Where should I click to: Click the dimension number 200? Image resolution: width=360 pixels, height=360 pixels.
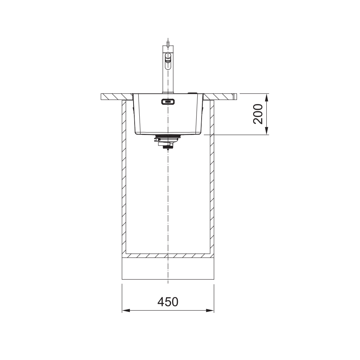(258, 114)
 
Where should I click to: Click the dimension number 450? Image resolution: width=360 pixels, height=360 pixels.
(168, 302)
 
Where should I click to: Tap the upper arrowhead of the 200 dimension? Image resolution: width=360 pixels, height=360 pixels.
(266, 97)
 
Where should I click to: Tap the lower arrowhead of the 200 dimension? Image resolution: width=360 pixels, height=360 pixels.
(266, 131)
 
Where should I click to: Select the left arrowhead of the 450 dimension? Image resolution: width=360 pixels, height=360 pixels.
(126, 311)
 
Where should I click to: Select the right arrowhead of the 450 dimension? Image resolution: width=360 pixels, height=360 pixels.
(210, 311)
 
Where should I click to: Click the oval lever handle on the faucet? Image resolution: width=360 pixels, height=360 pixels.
(168, 61)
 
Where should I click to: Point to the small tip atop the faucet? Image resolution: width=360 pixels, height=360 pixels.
(168, 44)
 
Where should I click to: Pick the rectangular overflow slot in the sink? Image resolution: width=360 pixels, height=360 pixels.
(168, 102)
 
